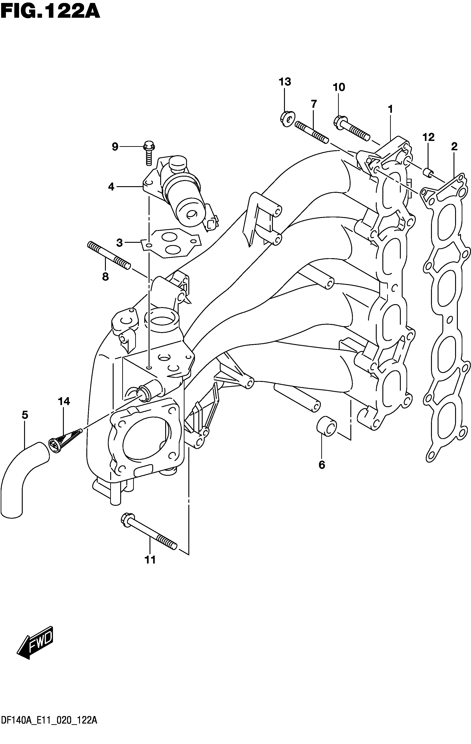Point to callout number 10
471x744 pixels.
point(339,88)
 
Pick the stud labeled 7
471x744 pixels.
point(311,132)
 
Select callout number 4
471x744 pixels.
point(111,187)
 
